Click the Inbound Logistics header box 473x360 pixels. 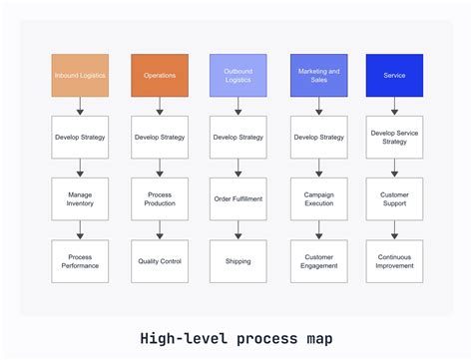click(80, 75)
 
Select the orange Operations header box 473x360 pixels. click(159, 75)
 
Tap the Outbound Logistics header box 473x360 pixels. click(237, 75)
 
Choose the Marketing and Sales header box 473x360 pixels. click(317, 75)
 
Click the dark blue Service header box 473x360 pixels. click(395, 75)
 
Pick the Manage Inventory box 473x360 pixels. click(80, 198)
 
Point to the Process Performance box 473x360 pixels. click(80, 261)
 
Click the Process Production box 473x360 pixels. click(159, 198)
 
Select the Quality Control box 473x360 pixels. click(159, 261)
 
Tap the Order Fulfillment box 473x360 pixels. click(237, 198)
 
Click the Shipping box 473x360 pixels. click(237, 261)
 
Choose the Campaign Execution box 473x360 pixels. click(317, 198)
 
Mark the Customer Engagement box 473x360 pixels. click(317, 261)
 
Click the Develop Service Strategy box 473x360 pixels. click(395, 137)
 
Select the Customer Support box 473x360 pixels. click(395, 198)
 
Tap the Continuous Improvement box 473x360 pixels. click(395, 261)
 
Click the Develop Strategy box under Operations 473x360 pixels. click(159, 137)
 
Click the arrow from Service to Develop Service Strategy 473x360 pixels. click(395, 106)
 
